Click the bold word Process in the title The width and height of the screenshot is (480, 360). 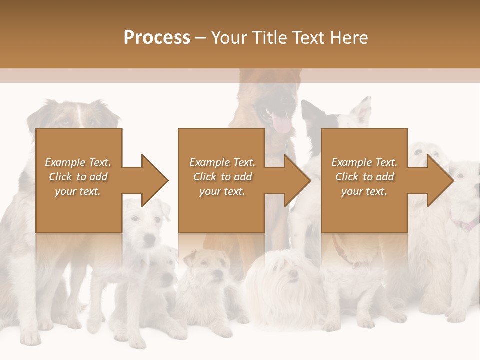click(x=157, y=38)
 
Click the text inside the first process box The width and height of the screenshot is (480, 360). click(x=78, y=177)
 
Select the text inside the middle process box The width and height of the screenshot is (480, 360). click(x=222, y=177)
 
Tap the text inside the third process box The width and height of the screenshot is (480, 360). click(x=364, y=177)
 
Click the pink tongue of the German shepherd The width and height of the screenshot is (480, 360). click(x=283, y=124)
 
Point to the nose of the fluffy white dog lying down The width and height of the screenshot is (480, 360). click(x=293, y=274)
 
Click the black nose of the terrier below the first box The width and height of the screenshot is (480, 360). click(x=149, y=239)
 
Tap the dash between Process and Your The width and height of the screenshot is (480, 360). click(x=200, y=38)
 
